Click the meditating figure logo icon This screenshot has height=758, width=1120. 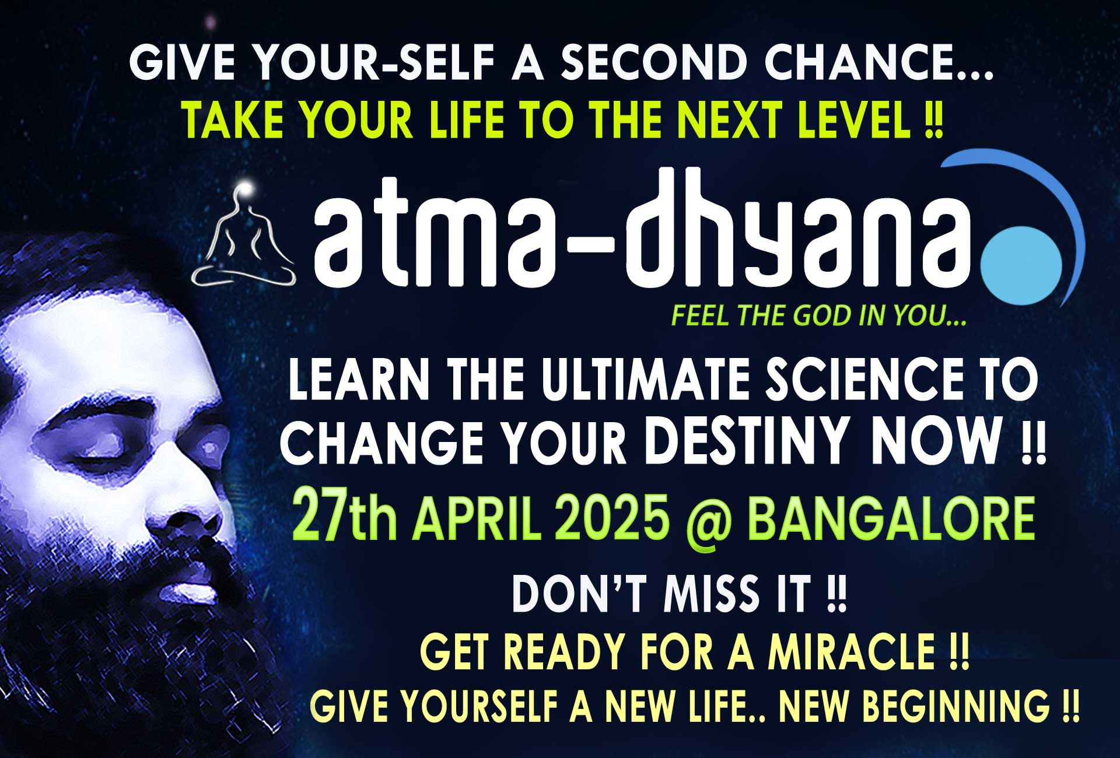[x=243, y=236]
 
